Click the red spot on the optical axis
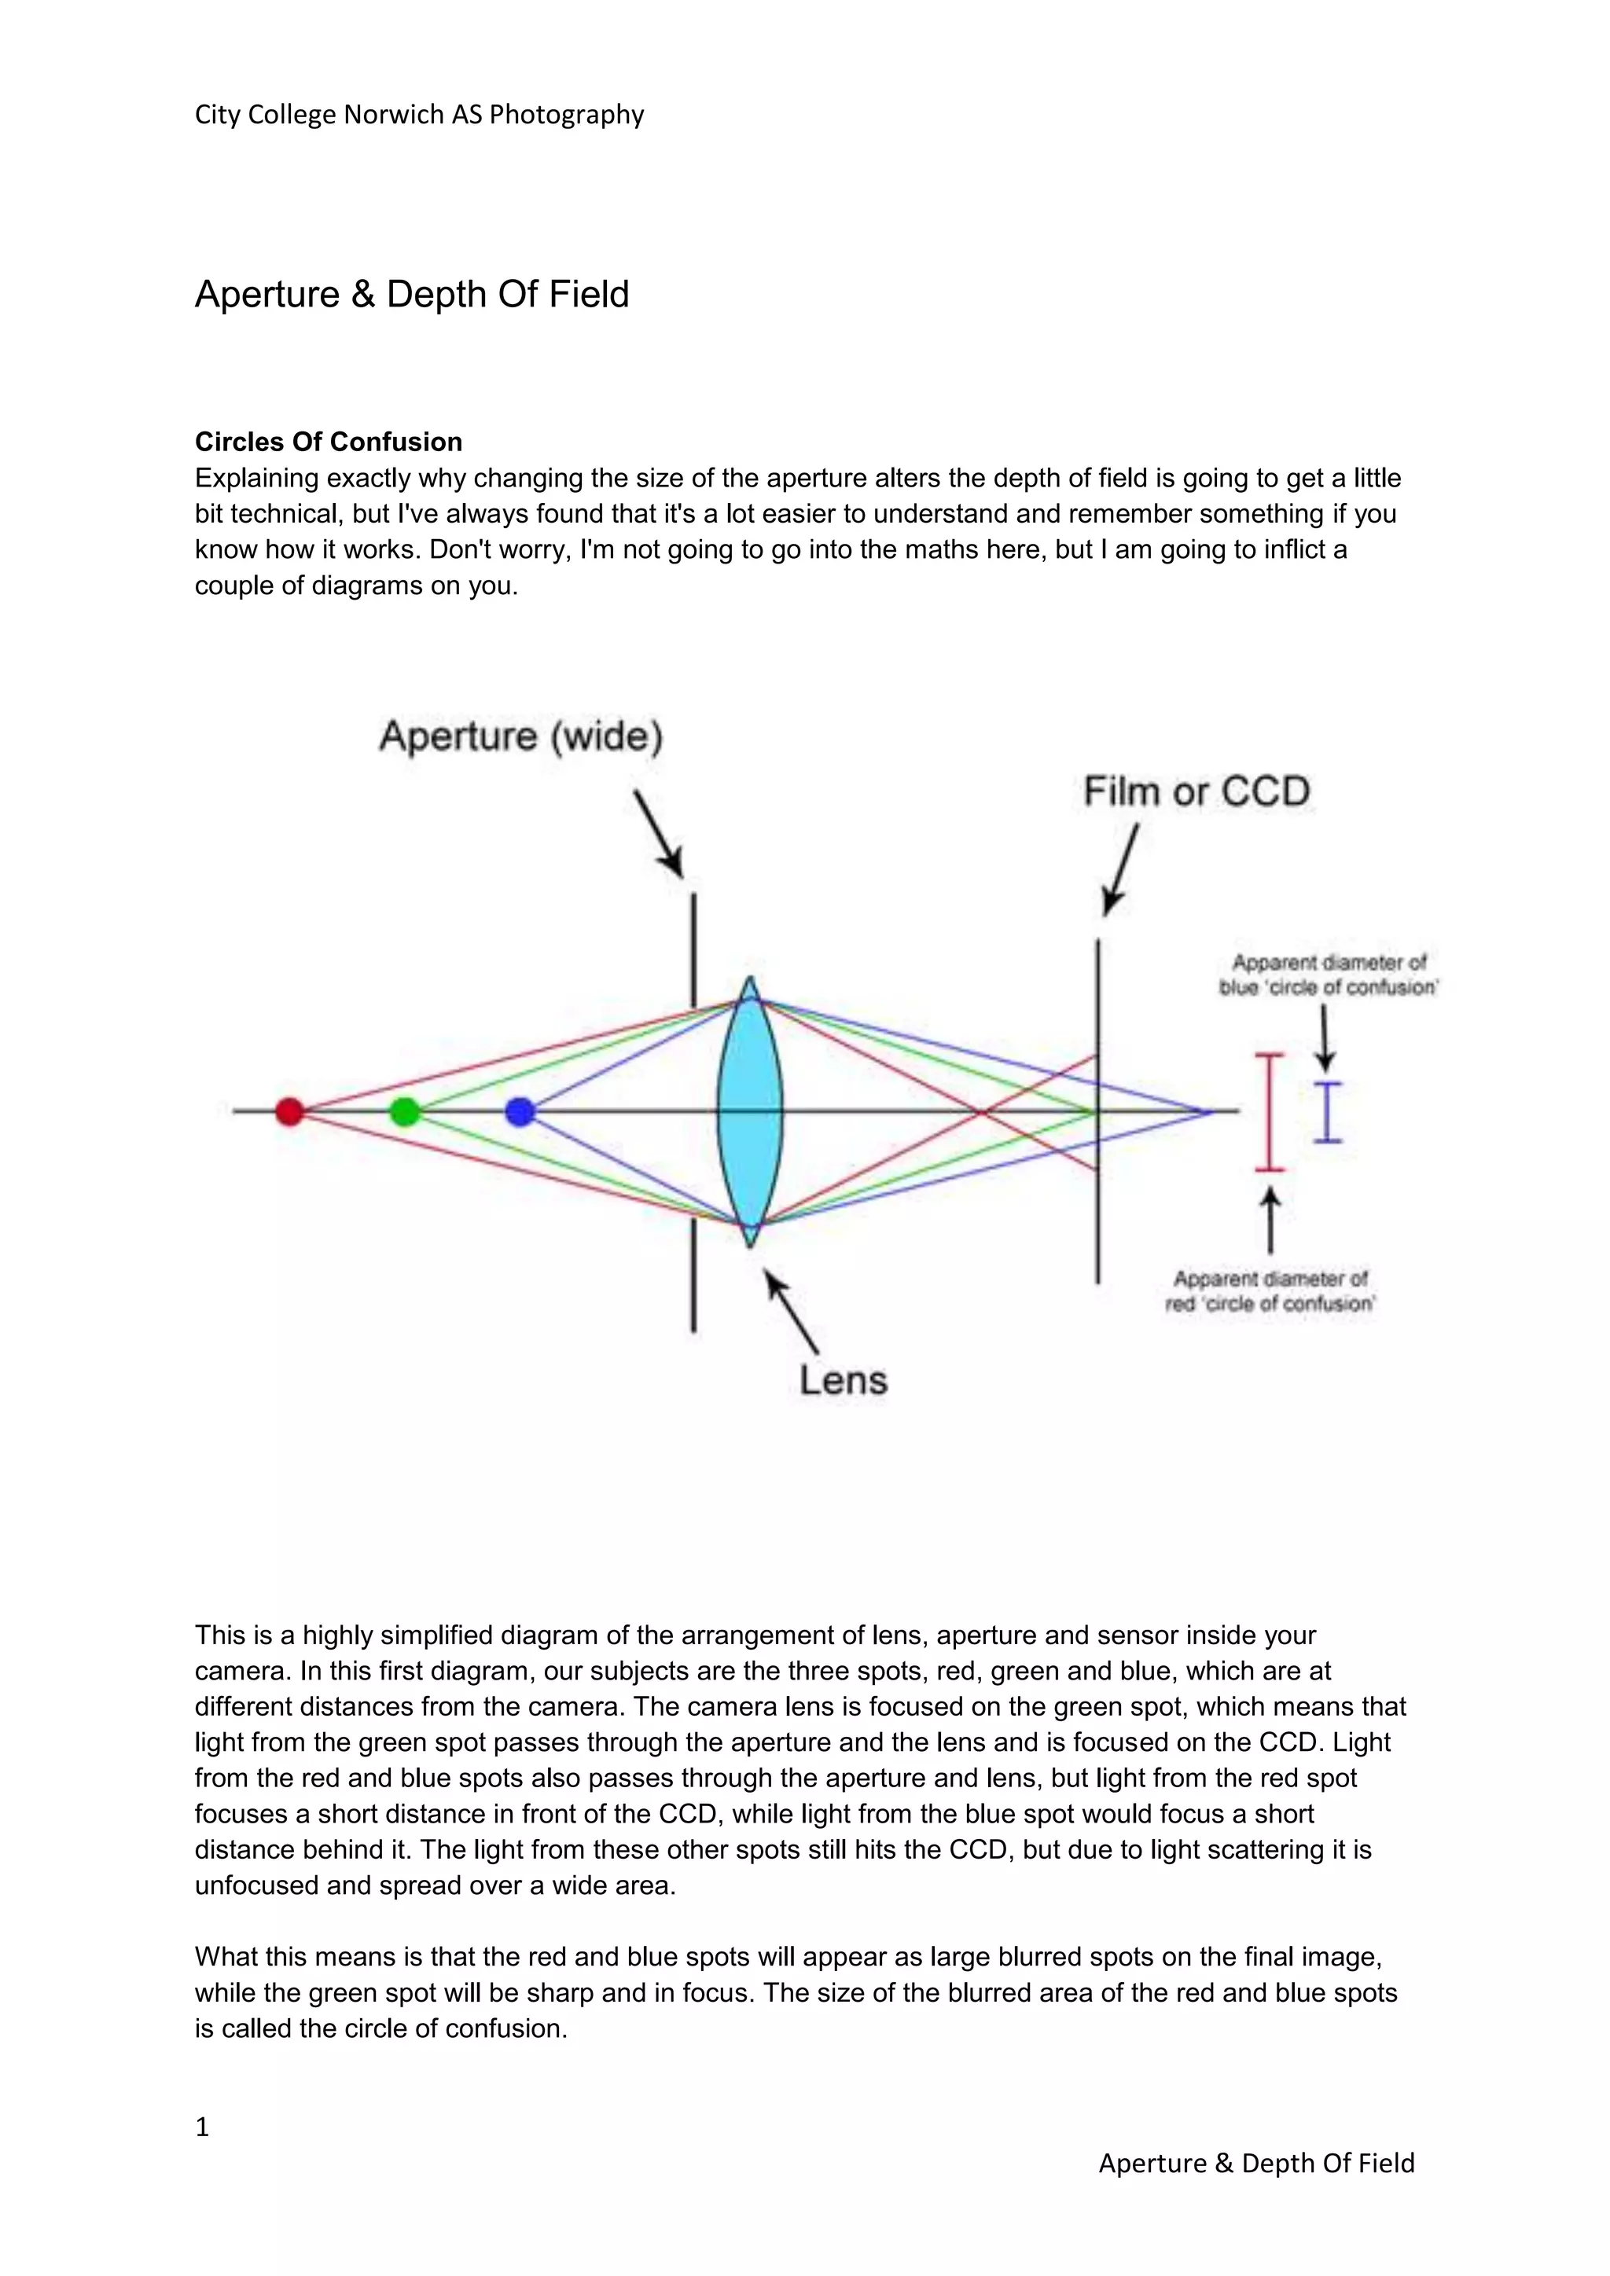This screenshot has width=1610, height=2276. coord(289,1111)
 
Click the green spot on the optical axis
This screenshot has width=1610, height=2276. coord(405,1111)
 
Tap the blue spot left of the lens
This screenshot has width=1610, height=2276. coord(520,1111)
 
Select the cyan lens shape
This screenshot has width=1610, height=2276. coord(749,1111)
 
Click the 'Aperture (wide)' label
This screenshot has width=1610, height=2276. coord(521,737)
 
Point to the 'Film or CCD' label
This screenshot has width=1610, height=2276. coord(1196,792)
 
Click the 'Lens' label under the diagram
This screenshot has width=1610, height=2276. coord(844,1380)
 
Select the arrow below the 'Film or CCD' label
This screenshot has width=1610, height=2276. coord(1120,869)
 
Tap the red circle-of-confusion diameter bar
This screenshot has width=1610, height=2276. coord(1270,1112)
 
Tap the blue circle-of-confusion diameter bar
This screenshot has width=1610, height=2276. coord(1328,1112)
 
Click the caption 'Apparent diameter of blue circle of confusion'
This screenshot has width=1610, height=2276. coord(1329,975)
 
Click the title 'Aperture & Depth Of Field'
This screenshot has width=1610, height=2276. coord(411,295)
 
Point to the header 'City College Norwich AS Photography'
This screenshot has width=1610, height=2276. coord(419,115)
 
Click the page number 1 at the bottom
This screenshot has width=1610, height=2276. coord(202,2127)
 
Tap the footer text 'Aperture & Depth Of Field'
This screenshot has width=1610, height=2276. coord(1256,2163)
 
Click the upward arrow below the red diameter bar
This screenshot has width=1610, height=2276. coord(1270,1221)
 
